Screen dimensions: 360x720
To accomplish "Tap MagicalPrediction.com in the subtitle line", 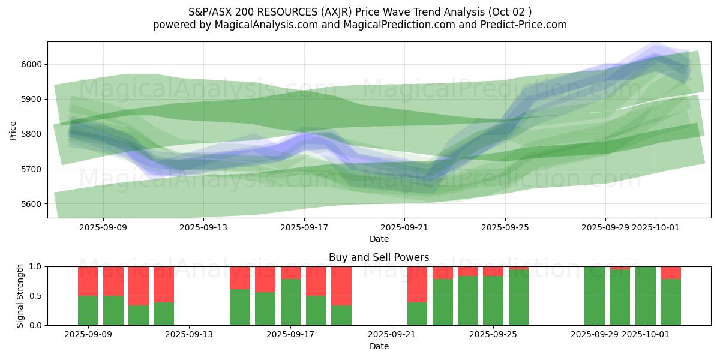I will [x=397, y=25].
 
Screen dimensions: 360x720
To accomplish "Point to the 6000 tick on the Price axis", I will [x=32, y=64].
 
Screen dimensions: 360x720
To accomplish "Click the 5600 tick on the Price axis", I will [x=32, y=204].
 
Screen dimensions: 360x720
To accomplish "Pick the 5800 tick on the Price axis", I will [x=32, y=134].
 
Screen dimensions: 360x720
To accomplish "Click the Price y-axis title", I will [x=13, y=130].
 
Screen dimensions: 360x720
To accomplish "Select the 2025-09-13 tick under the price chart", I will [x=203, y=227].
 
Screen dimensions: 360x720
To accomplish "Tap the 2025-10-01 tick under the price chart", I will [x=655, y=227].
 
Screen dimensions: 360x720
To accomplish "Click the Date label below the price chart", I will [x=379, y=239].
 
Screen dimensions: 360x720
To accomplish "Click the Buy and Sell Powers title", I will [x=379, y=257].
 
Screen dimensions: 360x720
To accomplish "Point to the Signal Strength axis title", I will [x=20, y=295].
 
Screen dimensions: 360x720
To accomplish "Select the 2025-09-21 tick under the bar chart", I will [x=392, y=334].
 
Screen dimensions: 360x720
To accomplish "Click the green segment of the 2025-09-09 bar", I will [x=88, y=310].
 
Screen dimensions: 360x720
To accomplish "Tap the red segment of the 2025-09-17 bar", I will [x=291, y=272].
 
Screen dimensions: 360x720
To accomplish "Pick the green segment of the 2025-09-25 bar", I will [x=493, y=301].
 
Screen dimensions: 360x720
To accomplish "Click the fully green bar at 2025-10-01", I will [x=646, y=296].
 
